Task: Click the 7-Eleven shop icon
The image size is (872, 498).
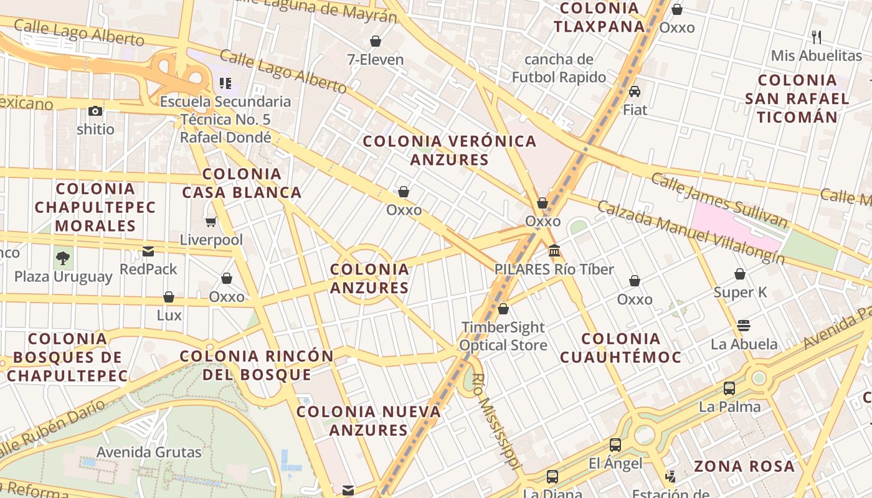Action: coord(376,42)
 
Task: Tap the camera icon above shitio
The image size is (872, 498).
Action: coord(95,111)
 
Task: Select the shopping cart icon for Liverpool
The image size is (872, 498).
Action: coord(211,222)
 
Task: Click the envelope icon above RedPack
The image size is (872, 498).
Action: coord(148,251)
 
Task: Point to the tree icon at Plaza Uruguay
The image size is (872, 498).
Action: coord(63,258)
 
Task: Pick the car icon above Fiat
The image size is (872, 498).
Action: coord(635,92)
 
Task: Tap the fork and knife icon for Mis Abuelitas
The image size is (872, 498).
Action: coord(817,37)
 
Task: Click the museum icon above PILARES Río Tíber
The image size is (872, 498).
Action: coord(554,251)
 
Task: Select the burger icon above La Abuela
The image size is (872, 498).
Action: coord(743,326)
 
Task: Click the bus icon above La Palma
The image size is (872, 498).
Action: coord(729,388)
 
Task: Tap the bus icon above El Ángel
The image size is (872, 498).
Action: coord(615,445)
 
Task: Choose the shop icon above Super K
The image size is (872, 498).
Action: coord(740,274)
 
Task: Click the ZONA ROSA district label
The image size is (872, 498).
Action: coord(744,466)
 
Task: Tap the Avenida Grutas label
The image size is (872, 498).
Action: coord(149,452)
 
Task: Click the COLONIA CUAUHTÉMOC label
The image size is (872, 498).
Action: coord(620,348)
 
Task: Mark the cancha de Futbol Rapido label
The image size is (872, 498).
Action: coord(559,68)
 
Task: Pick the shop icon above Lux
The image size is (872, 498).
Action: coord(169,297)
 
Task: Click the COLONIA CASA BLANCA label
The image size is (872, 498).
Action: coord(242,183)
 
